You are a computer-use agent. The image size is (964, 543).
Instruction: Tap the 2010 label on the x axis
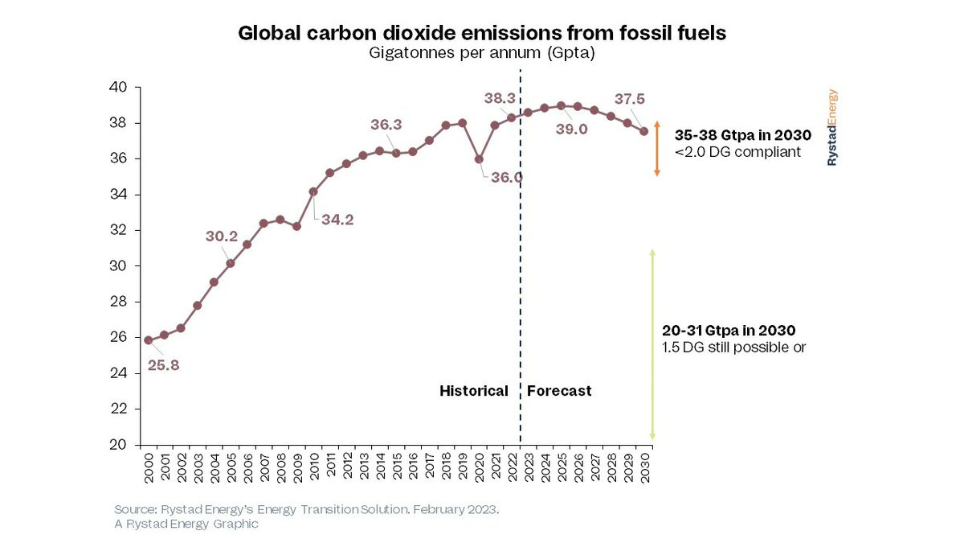click(x=313, y=467)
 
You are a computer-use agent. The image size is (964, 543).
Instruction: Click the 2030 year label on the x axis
click(x=644, y=467)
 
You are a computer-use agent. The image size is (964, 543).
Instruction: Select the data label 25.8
click(x=164, y=365)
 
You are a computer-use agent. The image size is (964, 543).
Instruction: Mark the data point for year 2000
click(x=148, y=340)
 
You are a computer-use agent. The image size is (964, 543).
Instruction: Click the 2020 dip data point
click(x=479, y=159)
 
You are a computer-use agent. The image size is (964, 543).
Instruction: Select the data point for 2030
click(x=644, y=132)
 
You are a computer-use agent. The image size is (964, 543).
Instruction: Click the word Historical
click(x=473, y=391)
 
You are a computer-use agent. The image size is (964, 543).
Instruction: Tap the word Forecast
click(x=559, y=391)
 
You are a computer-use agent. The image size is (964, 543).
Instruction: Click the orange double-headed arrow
click(x=656, y=149)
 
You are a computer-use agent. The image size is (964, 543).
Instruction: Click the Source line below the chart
click(x=306, y=511)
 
